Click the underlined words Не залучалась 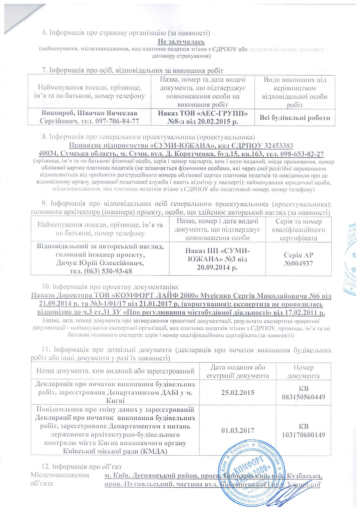[181, 42]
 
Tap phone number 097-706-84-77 [117, 121]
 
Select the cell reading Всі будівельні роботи [295, 118]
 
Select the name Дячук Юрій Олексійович [100, 263]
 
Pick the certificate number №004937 [298, 263]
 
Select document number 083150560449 [303, 397]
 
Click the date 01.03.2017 [238, 430]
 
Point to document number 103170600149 [303, 435]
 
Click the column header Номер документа [303, 371]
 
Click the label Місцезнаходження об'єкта [60, 479]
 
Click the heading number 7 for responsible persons [44, 71]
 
